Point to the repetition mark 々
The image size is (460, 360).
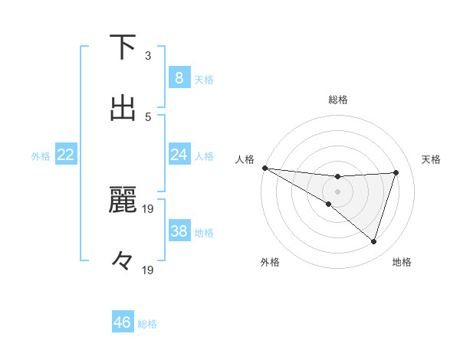[123, 260]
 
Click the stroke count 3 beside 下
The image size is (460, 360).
[148, 56]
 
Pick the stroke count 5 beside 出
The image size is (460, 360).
[148, 116]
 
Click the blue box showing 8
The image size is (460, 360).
[179, 77]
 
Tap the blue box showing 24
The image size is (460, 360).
[179, 155]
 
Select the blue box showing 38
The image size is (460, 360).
[179, 231]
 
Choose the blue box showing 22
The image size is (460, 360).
[65, 155]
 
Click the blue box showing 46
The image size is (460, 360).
[123, 322]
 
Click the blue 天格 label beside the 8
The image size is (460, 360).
[204, 79]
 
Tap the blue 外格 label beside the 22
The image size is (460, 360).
[41, 155]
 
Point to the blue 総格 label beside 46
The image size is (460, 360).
[147, 324]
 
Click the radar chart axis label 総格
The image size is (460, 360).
[338, 100]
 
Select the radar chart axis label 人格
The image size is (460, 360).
[245, 159]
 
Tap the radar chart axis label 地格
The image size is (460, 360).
[402, 262]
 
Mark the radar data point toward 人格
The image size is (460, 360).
[264, 168]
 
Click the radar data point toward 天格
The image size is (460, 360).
[396, 172]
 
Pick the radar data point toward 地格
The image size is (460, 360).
[373, 241]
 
